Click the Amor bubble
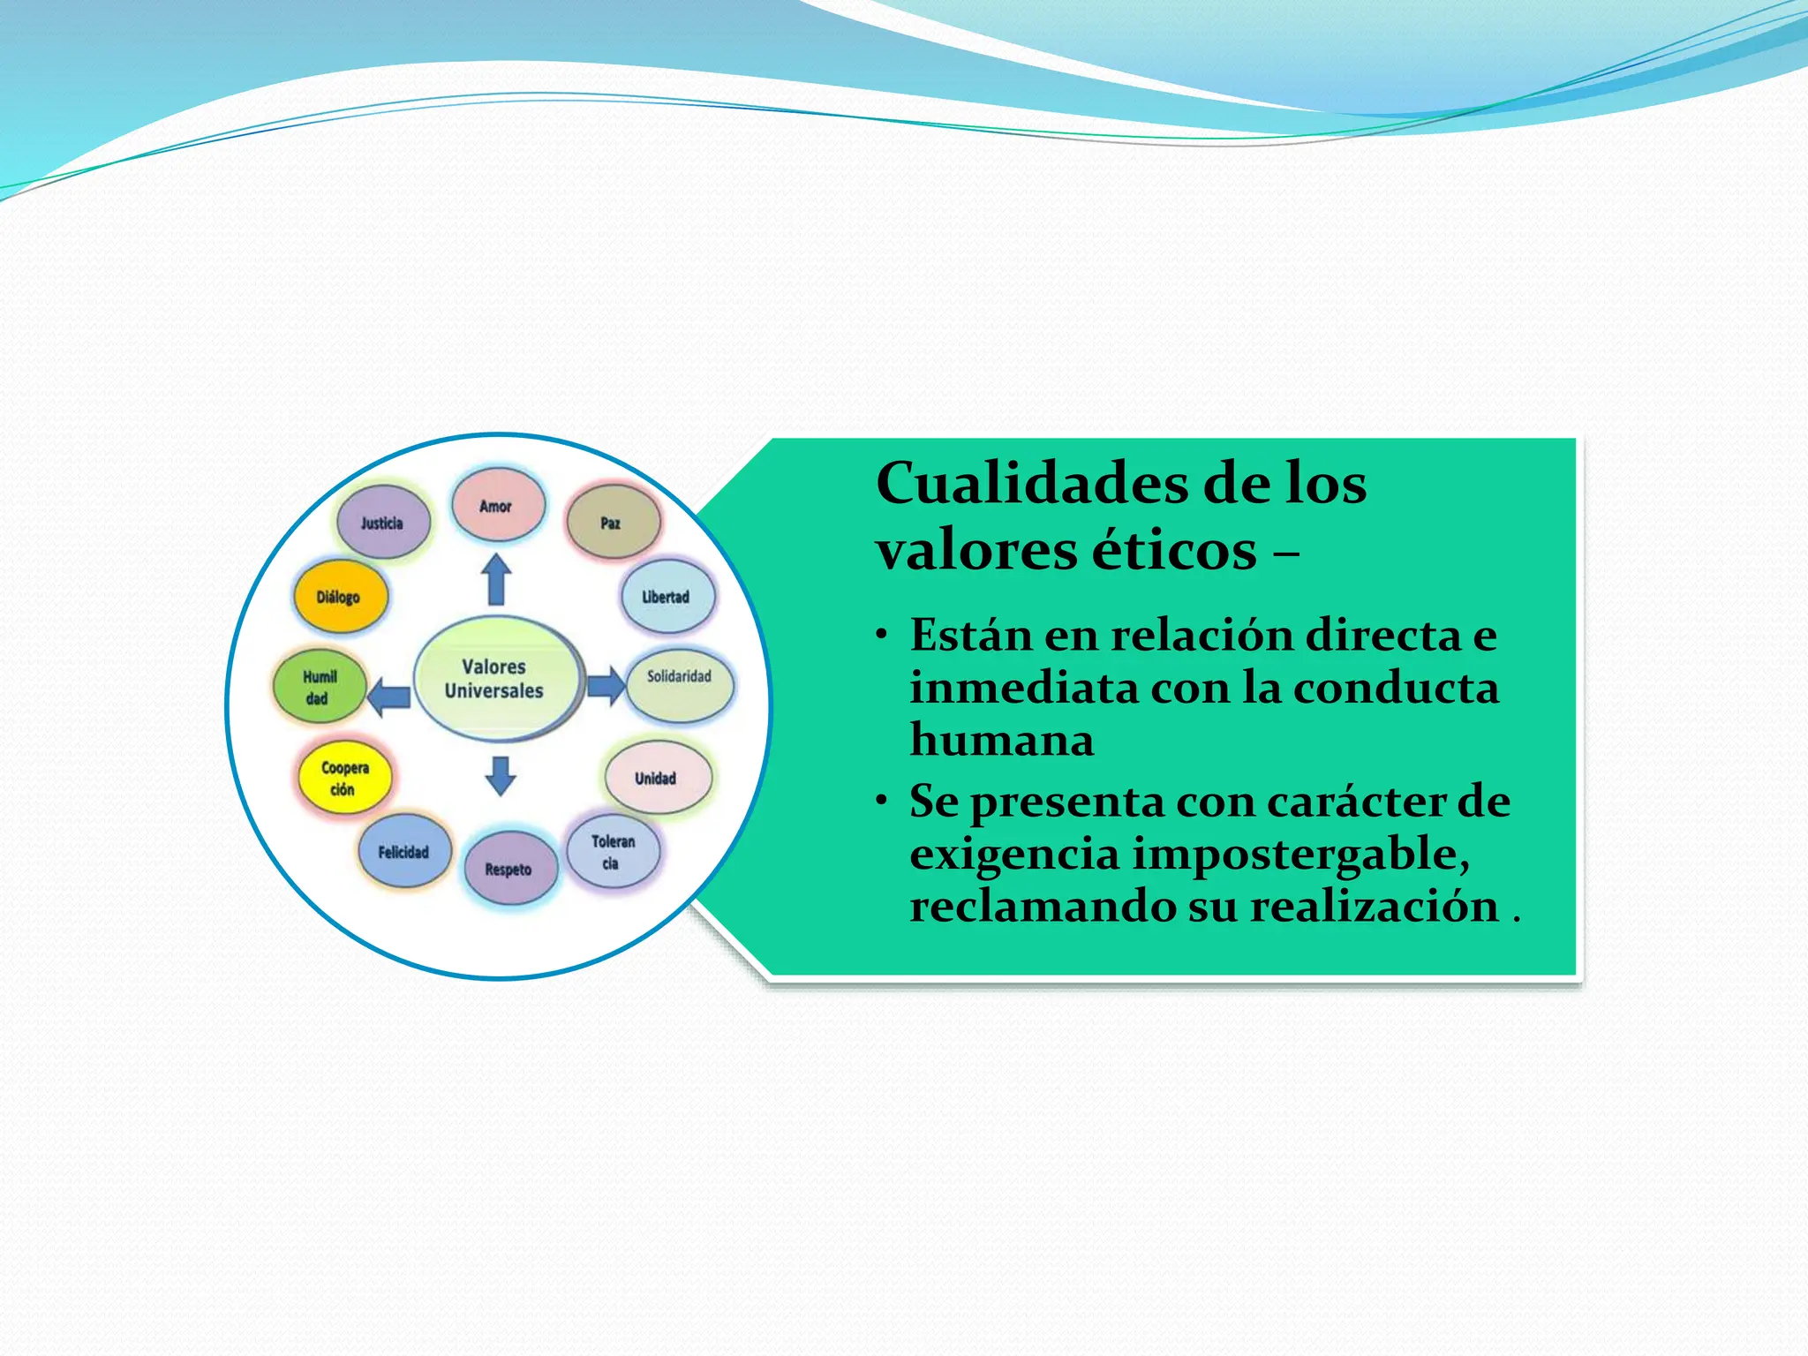tap(498, 505)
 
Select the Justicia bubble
tap(383, 522)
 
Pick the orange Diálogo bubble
tap(340, 596)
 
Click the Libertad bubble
tap(667, 596)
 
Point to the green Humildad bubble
tap(319, 686)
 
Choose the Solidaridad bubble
tap(680, 684)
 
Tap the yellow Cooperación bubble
tap(343, 777)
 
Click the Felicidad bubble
tap(404, 851)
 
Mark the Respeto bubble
tap(509, 868)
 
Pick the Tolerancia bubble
tap(613, 851)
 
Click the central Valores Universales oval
tap(496, 678)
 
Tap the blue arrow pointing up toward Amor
tap(496, 578)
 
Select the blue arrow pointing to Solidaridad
tap(606, 684)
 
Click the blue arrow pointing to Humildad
tap(388, 697)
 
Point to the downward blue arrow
tap(501, 775)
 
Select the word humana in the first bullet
tap(1002, 740)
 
